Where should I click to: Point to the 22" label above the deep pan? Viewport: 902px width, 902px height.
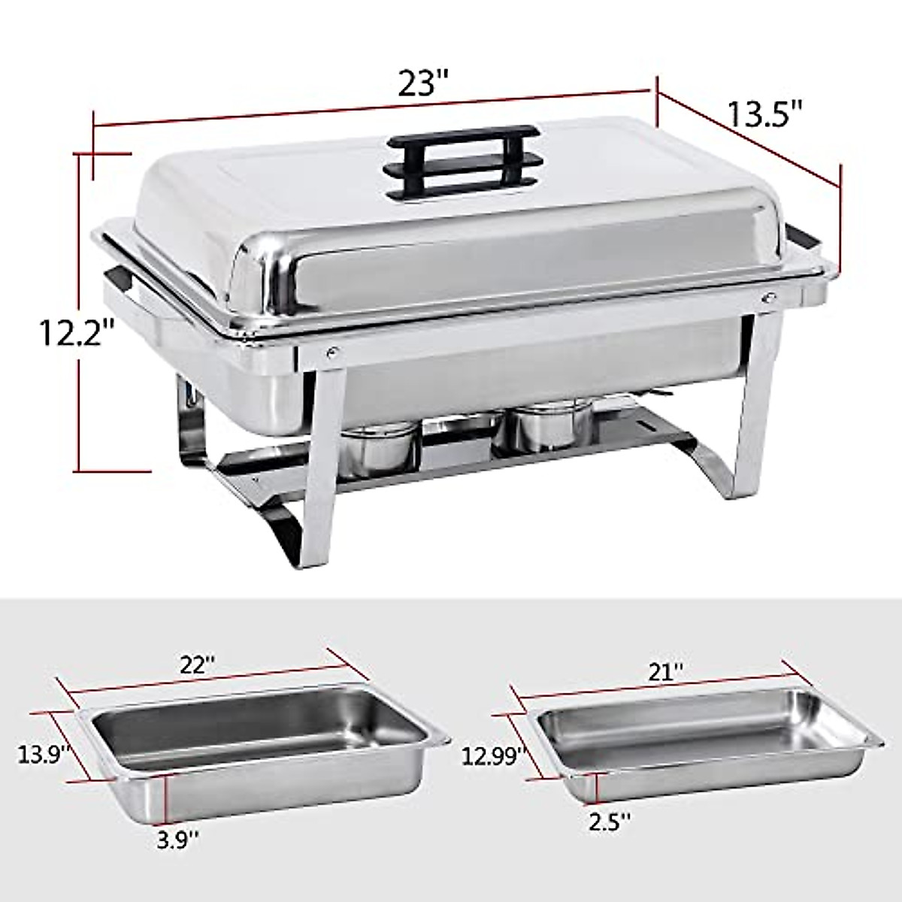(197, 665)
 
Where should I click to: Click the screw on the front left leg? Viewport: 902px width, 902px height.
(331, 350)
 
